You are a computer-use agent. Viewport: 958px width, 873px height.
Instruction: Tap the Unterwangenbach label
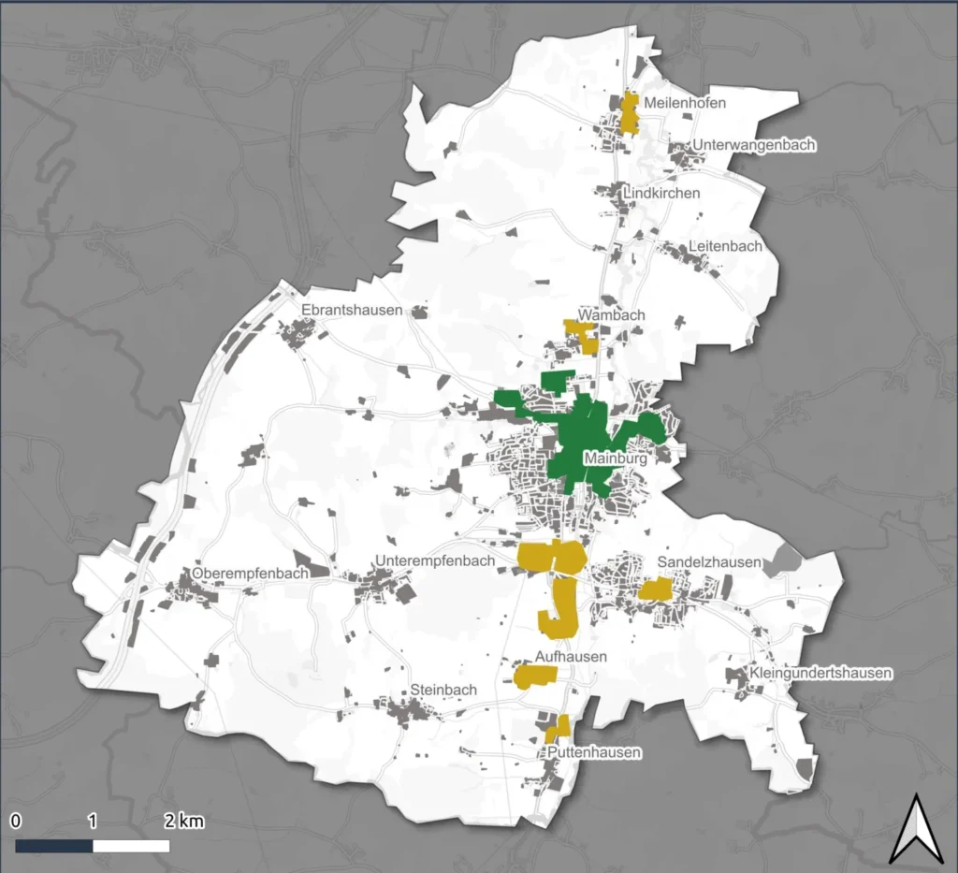pyautogui.click(x=754, y=145)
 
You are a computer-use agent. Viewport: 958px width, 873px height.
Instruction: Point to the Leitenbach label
pyautogui.click(x=725, y=246)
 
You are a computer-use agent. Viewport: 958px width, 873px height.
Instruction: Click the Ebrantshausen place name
pyautogui.click(x=352, y=310)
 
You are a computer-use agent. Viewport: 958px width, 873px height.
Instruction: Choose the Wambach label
pyautogui.click(x=612, y=315)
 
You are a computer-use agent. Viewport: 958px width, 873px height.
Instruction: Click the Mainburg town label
pyautogui.click(x=615, y=458)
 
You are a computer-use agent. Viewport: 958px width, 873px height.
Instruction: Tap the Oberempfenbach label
pyautogui.click(x=250, y=574)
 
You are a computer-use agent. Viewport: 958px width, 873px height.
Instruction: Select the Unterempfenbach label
pyautogui.click(x=434, y=560)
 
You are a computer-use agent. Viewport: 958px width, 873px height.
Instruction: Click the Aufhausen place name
pyautogui.click(x=572, y=657)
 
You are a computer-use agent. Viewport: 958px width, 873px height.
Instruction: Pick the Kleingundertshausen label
pyautogui.click(x=820, y=673)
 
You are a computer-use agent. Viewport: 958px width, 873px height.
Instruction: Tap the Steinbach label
pyautogui.click(x=443, y=690)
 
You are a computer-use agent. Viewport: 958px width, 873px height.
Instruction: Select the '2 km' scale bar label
pyautogui.click(x=183, y=822)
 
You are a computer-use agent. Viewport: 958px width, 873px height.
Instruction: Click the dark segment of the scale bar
pyautogui.click(x=54, y=846)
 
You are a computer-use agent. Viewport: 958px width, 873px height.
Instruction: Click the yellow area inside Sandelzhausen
pyautogui.click(x=656, y=589)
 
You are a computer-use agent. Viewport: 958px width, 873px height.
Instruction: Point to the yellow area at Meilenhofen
pyautogui.click(x=629, y=113)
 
